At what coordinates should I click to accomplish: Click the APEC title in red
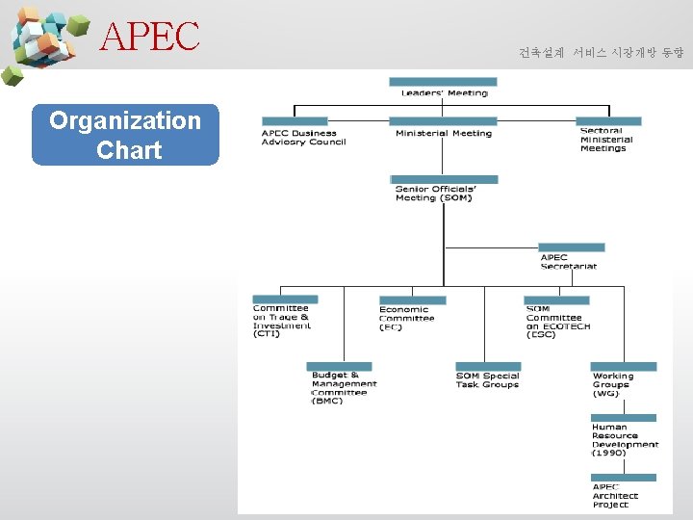tap(150, 37)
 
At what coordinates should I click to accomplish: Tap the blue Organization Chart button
tap(125, 135)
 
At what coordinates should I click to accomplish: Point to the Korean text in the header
tap(601, 52)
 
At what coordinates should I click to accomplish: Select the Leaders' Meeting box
tap(443, 92)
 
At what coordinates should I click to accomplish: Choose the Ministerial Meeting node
tap(443, 133)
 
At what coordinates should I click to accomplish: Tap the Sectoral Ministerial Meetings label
tap(605, 140)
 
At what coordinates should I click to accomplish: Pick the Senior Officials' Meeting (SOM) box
tap(444, 193)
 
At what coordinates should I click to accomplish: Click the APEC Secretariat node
tap(569, 261)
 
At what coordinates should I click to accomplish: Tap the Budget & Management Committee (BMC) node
tap(343, 387)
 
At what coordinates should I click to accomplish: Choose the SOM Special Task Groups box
tap(488, 379)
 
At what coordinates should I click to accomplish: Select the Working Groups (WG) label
tap(614, 383)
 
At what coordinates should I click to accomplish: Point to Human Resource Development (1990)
tap(625, 439)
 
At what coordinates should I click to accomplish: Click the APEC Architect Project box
tap(616, 495)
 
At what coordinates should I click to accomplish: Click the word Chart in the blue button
tap(129, 150)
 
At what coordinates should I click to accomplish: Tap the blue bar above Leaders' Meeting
tap(444, 82)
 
